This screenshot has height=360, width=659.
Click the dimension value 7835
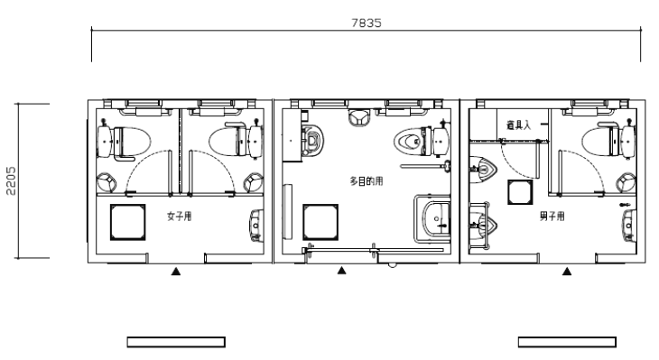click(367, 23)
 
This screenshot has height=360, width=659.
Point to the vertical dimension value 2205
click(12, 181)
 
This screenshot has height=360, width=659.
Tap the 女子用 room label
click(180, 217)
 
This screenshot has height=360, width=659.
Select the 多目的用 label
click(367, 181)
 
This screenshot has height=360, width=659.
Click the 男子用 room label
click(552, 217)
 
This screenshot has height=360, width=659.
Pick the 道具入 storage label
click(518, 125)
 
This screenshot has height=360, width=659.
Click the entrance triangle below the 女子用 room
click(176, 272)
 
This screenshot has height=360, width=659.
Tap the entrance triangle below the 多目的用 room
click(342, 271)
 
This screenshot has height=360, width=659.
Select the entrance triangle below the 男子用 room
click(567, 272)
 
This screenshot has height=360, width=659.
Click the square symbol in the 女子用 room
click(128, 222)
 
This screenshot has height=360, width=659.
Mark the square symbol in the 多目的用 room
click(320, 222)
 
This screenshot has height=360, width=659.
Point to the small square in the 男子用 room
click(520, 192)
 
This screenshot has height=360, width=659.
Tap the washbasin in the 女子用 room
click(256, 226)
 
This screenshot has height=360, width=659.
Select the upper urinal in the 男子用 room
click(483, 170)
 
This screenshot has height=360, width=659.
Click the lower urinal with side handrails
click(483, 226)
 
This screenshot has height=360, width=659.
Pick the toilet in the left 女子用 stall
click(124, 142)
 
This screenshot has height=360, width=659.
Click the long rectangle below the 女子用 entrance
click(176, 342)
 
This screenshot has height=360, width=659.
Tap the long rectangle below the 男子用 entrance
click(567, 342)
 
